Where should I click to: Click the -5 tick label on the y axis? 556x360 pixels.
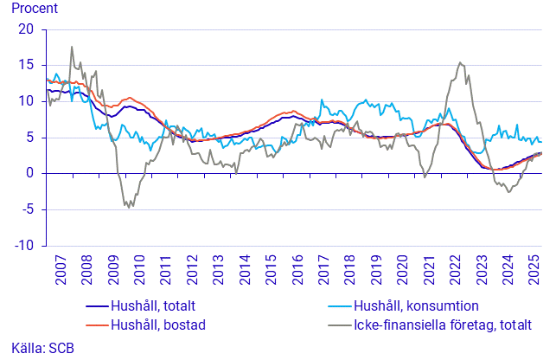(27, 209)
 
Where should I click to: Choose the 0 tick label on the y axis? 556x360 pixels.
(30, 173)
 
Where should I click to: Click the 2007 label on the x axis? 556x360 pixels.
(61, 270)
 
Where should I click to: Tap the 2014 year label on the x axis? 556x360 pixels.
(245, 270)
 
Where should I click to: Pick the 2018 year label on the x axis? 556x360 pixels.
(350, 270)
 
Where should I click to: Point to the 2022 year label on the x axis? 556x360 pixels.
(456, 270)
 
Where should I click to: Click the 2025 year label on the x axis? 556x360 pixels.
(534, 270)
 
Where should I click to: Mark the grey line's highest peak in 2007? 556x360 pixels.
(72, 47)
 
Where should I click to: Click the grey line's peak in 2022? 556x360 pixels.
(460, 62)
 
